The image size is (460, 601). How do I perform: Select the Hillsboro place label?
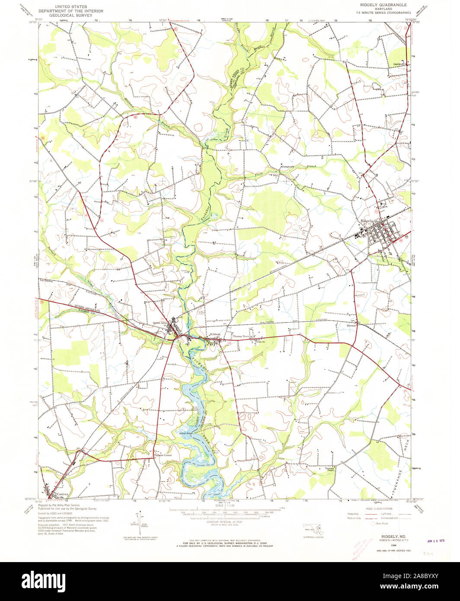tap(215, 334)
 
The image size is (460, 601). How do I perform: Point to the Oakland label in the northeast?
tap(399, 64)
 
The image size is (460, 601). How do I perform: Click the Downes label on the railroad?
tap(351, 326)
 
